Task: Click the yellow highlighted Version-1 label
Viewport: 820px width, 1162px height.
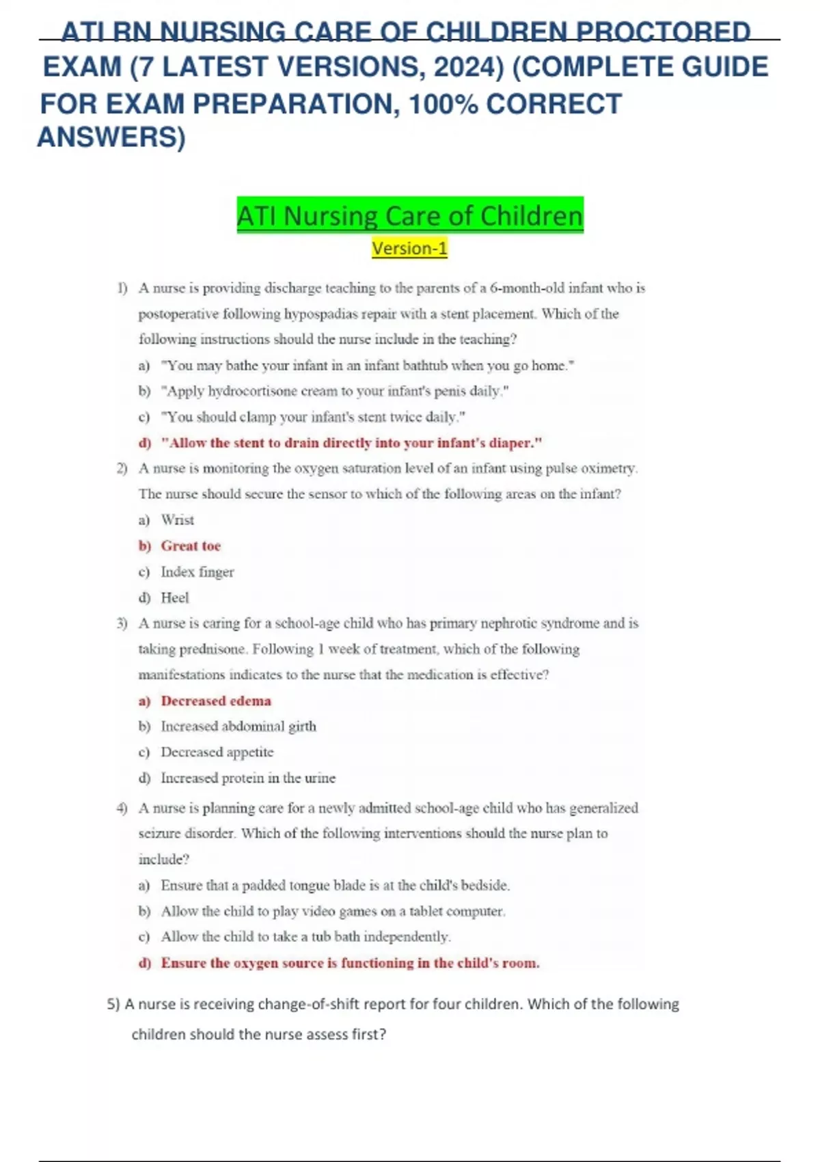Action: tap(409, 248)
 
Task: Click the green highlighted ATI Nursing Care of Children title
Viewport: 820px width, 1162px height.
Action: tap(410, 216)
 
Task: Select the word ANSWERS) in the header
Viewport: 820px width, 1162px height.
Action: tap(111, 137)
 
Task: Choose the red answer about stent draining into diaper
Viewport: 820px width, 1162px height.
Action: tap(351, 443)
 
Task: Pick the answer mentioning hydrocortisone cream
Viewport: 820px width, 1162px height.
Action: tap(335, 391)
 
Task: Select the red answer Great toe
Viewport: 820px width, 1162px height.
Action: tap(191, 546)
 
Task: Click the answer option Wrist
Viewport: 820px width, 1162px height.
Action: tap(178, 520)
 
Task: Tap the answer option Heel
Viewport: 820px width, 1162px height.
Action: tap(175, 598)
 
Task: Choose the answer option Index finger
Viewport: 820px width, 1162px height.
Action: tap(197, 572)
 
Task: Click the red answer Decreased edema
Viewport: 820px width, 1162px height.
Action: tap(216, 701)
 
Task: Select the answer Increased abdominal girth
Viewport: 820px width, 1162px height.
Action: tap(238, 727)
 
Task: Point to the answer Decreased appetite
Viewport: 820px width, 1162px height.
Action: tap(217, 753)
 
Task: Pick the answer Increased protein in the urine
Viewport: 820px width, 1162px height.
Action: tap(248, 778)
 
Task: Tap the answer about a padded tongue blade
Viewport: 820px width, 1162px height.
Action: tap(335, 886)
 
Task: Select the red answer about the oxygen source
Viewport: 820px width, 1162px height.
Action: tap(350, 963)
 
